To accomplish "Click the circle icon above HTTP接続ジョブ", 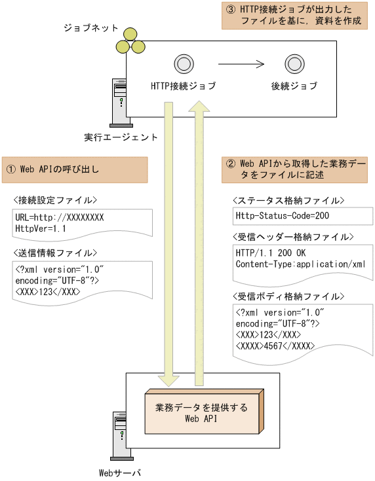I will point(182,63).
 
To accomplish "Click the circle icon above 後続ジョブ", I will point(293,63).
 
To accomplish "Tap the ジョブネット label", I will point(90,28).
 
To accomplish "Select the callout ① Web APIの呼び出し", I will point(75,169).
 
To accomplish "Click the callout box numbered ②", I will point(296,169).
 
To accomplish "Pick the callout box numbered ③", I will point(294,16).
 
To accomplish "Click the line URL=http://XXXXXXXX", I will point(59,217).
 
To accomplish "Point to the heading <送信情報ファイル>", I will point(55,253).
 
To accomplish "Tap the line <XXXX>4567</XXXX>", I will point(275,345).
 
